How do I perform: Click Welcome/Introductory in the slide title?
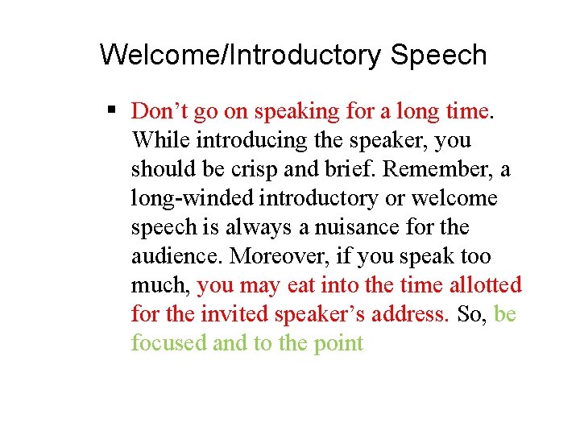241,56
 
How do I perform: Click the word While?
160,140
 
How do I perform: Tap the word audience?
176,256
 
